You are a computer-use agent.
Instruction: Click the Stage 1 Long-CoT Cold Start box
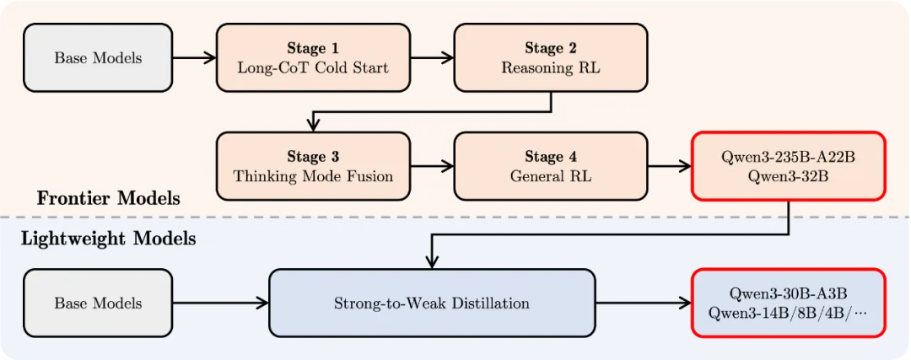[313, 57]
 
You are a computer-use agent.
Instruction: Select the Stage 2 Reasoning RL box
[551, 57]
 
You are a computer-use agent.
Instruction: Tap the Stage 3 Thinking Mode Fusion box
[313, 166]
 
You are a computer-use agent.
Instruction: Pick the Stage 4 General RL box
[551, 166]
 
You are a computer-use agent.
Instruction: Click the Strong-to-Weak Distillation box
[432, 304]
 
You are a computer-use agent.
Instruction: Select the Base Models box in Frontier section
[98, 57]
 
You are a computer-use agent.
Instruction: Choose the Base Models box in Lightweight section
[98, 304]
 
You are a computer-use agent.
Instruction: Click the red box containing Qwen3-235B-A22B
[789, 166]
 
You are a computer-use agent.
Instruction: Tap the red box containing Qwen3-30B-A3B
[789, 304]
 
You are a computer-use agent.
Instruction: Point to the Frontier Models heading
[109, 199]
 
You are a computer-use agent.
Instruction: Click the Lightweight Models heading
[109, 239]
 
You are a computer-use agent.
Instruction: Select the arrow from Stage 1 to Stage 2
[432, 57]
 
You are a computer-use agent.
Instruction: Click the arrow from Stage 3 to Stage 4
[432, 166]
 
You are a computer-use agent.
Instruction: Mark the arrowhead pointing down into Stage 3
[313, 126]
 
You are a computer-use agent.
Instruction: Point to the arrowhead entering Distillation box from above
[431, 262]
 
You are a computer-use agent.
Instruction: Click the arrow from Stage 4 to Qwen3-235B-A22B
[669, 166]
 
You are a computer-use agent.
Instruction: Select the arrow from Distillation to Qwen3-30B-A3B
[643, 304]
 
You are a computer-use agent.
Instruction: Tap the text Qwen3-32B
[789, 176]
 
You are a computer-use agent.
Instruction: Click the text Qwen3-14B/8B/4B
[777, 313]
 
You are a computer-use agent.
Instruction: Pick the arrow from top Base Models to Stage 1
[195, 57]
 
